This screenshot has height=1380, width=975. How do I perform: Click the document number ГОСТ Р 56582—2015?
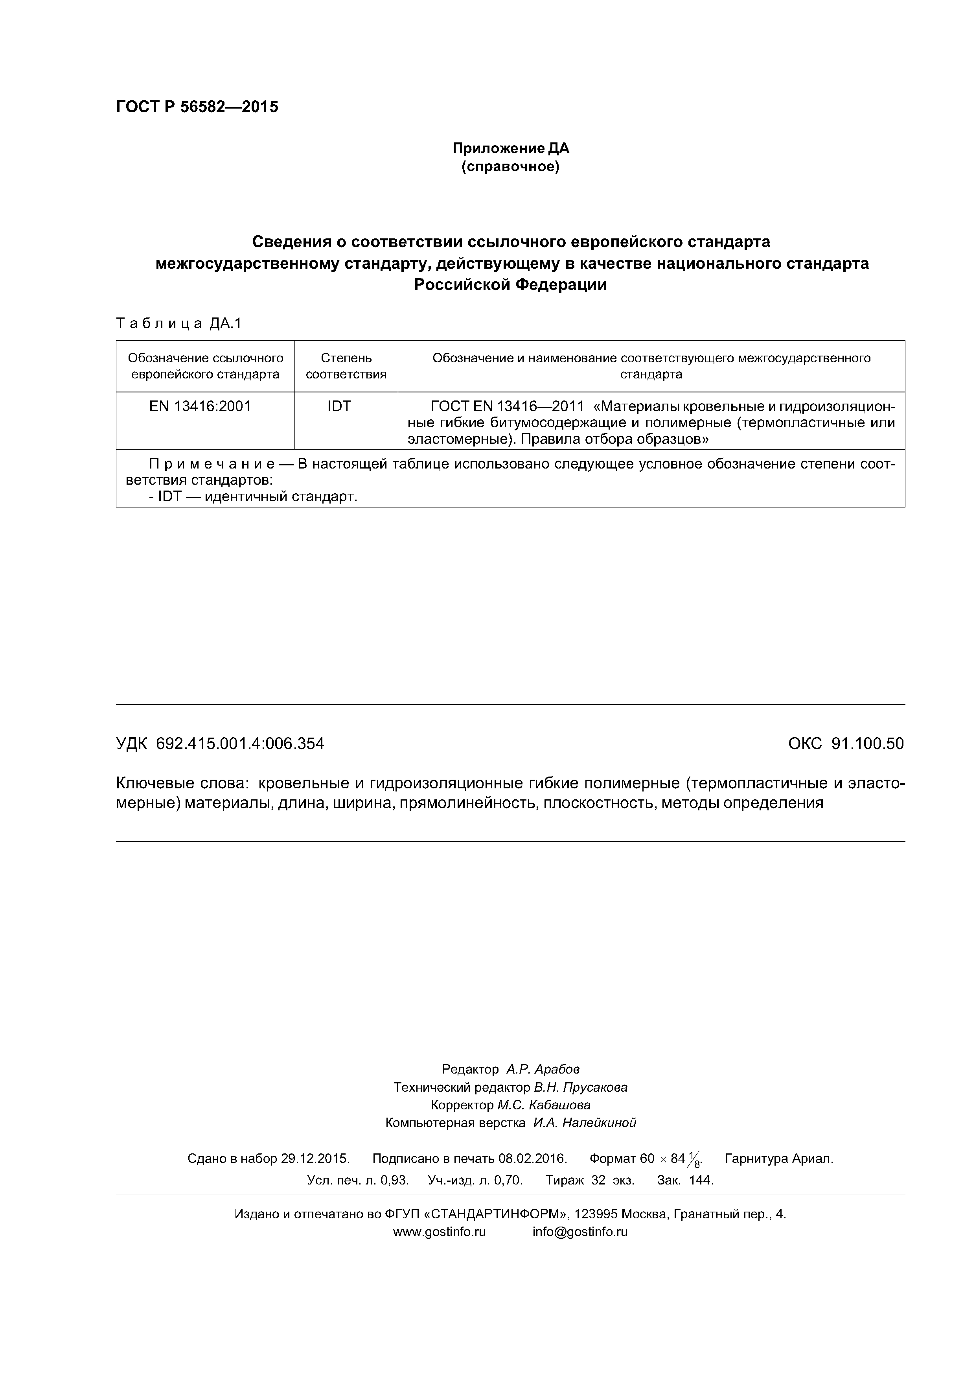pyautogui.click(x=197, y=107)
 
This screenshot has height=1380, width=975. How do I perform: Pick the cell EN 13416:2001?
pyautogui.click(x=200, y=406)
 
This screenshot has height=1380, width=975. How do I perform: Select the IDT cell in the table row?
pyautogui.click(x=339, y=406)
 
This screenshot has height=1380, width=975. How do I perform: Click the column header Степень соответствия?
pyautogui.click(x=346, y=366)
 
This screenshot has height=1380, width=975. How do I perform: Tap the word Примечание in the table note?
pyautogui.click(x=212, y=464)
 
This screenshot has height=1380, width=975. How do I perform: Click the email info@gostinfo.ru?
pyautogui.click(x=580, y=1232)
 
